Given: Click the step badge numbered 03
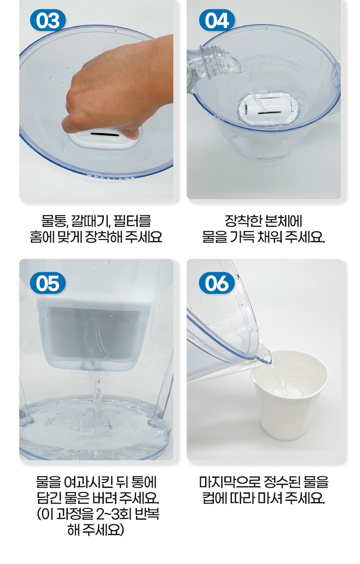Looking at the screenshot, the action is point(48,21).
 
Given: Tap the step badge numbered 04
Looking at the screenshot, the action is point(217,21).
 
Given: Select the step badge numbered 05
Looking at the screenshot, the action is point(48,283).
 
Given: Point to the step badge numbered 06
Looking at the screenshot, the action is point(217,283).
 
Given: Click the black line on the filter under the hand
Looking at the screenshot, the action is point(105,134).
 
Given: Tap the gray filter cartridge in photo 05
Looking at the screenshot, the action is point(94,335).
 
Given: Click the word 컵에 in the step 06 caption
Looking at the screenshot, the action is point(215,498).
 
